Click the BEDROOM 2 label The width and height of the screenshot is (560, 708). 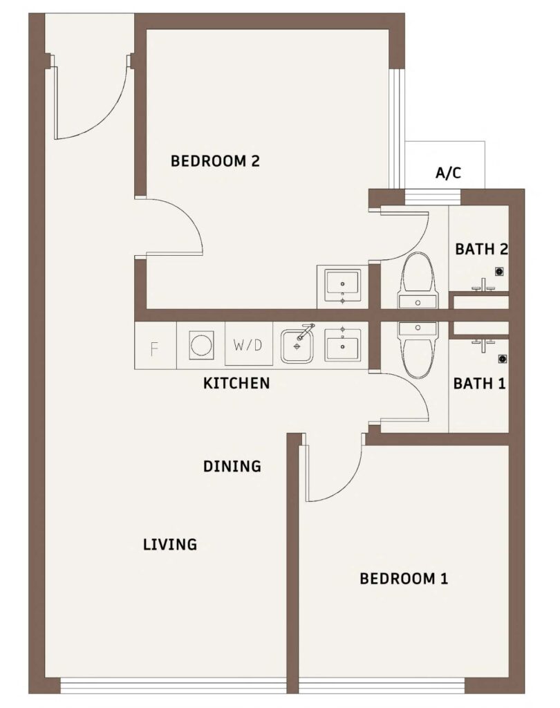(x=215, y=162)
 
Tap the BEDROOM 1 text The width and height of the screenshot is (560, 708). (x=404, y=579)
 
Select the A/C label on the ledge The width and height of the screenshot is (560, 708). (x=447, y=173)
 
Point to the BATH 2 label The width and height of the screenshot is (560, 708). (x=481, y=249)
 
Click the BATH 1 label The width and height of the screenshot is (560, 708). (x=479, y=383)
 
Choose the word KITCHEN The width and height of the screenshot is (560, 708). (x=236, y=383)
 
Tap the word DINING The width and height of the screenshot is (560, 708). (x=232, y=467)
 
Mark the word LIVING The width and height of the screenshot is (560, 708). (x=170, y=545)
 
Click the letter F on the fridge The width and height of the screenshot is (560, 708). (x=155, y=347)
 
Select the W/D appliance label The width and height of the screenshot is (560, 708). (x=248, y=345)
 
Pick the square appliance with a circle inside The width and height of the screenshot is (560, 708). (x=201, y=344)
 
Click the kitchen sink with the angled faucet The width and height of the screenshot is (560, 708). (x=297, y=344)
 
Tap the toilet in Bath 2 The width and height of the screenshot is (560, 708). (x=418, y=280)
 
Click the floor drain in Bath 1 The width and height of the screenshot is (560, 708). (x=502, y=359)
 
